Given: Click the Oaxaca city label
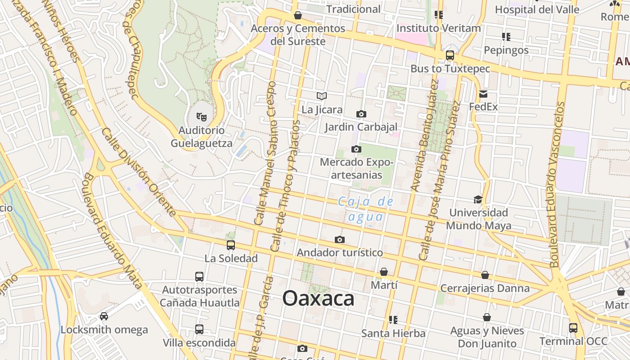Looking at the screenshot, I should [318, 298].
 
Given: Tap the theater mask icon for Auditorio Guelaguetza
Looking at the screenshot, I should [202, 117].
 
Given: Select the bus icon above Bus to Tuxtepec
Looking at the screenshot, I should [450, 55].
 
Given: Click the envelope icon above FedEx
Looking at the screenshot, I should [483, 94].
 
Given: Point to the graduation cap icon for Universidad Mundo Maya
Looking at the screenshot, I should [478, 199].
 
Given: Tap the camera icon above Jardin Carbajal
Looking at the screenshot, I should [361, 114].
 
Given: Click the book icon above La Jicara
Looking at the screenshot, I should [322, 96].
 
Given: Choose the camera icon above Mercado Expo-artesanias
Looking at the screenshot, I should [356, 149].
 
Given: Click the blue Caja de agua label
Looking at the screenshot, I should [366, 209].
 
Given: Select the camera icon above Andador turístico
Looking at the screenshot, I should [340, 239].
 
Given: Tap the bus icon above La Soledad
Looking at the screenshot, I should [231, 245].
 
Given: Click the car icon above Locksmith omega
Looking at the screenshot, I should [104, 316].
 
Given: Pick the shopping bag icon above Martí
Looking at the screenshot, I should [384, 272].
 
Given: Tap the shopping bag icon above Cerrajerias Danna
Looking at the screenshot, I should [485, 274].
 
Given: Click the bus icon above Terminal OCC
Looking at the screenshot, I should [573, 328].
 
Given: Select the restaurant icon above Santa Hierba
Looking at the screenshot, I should [393, 319].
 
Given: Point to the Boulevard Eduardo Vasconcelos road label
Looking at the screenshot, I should [557, 184].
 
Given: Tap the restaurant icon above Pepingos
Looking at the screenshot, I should [506, 36].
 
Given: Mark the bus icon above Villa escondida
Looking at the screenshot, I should [199, 329].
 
